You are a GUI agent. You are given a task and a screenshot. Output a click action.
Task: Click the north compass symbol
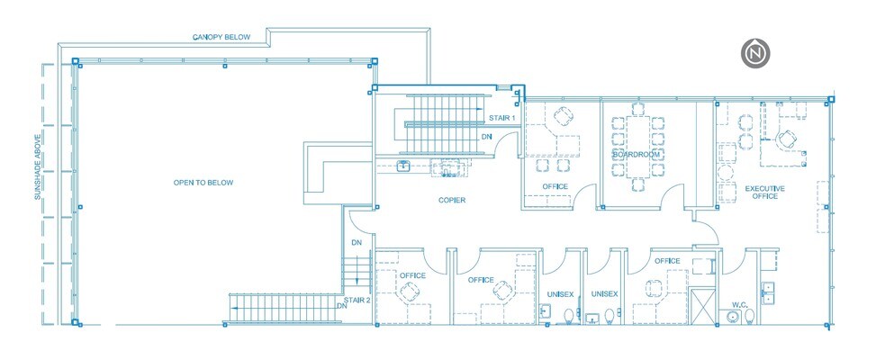tap(754, 55)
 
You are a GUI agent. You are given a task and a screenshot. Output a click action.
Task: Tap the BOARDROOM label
tap(637, 155)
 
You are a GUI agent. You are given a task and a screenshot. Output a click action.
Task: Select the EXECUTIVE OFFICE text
tap(764, 193)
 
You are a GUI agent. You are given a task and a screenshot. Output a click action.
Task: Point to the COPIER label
tap(452, 200)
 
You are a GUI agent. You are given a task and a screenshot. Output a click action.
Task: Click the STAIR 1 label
tap(501, 118)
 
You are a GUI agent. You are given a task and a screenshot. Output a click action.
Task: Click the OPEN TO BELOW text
tap(203, 183)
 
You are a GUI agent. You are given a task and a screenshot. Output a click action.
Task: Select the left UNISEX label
tap(560, 294)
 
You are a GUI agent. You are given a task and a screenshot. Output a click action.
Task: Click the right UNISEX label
tap(604, 294)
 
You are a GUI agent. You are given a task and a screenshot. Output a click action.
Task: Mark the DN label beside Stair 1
tap(486, 137)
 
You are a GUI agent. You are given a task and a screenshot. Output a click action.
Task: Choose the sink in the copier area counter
tap(404, 165)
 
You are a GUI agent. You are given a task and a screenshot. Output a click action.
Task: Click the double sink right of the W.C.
tap(768, 292)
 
